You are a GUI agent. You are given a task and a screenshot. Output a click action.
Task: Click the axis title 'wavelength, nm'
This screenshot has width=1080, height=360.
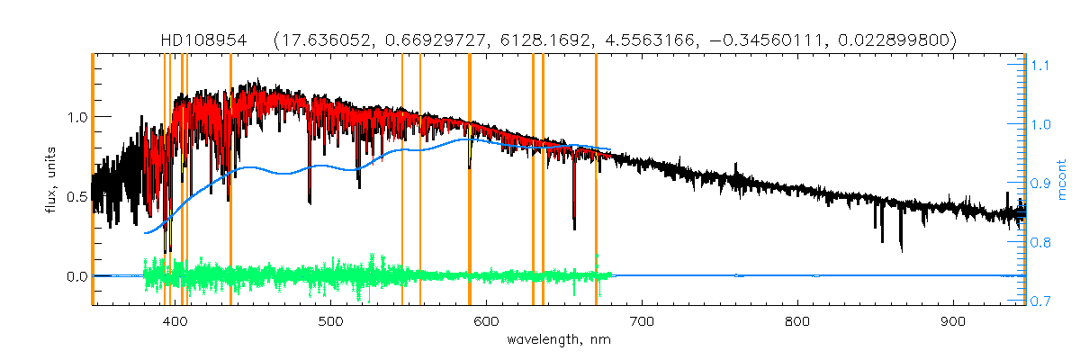tap(558, 341)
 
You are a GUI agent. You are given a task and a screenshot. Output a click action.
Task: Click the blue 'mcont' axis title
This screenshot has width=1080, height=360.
tap(1063, 180)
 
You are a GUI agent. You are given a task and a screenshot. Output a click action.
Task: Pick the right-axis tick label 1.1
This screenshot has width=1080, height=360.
tap(1040, 65)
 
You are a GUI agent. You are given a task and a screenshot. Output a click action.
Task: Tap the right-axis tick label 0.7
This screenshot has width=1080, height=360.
tap(1040, 301)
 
